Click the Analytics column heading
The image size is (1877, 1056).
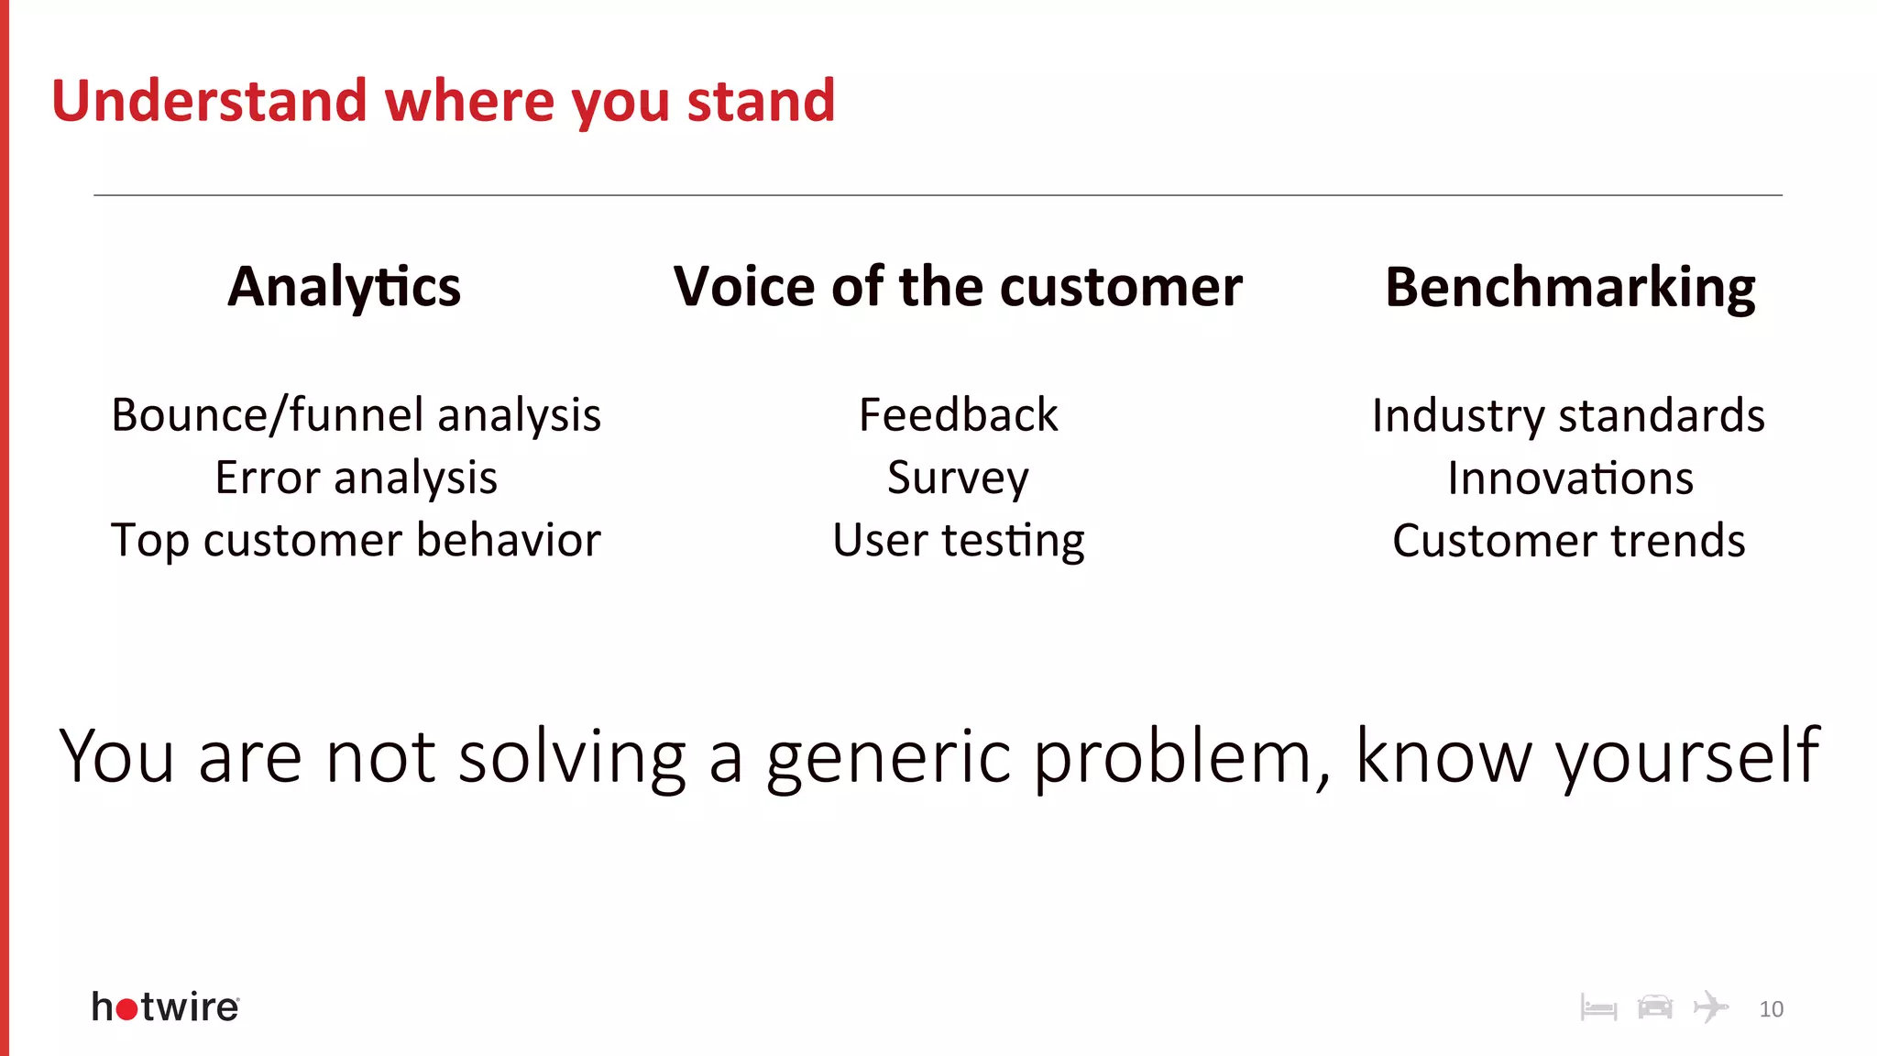(x=345, y=288)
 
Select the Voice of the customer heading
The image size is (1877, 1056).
(x=958, y=288)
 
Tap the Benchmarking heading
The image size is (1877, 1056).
(x=1570, y=288)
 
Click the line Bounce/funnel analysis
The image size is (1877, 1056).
(x=356, y=415)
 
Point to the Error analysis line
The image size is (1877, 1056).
(x=356, y=478)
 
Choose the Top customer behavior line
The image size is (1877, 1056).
(x=356, y=540)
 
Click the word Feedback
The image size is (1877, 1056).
(x=958, y=415)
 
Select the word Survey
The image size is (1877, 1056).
(x=958, y=478)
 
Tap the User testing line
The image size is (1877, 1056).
(x=958, y=541)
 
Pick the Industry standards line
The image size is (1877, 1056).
(x=1568, y=415)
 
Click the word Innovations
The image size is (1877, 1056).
(x=1570, y=478)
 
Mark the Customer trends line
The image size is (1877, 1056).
(x=1568, y=541)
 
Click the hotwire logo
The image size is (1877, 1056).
(x=166, y=1007)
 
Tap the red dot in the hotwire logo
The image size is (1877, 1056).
(x=127, y=1010)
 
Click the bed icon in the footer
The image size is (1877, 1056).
(x=1598, y=1009)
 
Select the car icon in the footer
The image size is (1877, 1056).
(x=1654, y=1007)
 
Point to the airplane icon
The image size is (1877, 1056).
(x=1710, y=1006)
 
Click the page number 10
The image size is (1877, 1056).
(x=1771, y=1009)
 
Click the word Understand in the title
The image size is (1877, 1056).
(x=209, y=101)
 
